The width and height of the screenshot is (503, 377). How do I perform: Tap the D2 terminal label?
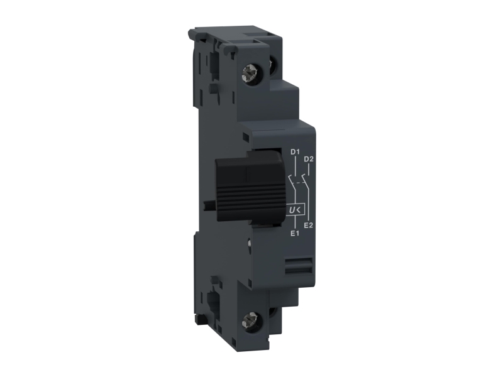pos(309,160)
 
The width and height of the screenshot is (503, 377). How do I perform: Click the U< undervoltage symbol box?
pos(296,209)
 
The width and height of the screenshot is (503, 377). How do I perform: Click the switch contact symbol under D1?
pos(292,184)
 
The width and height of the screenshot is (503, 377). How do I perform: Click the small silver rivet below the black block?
pos(250,241)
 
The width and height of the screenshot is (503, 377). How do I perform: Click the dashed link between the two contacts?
pos(299,183)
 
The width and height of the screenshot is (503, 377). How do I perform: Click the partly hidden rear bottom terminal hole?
pos(274,310)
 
